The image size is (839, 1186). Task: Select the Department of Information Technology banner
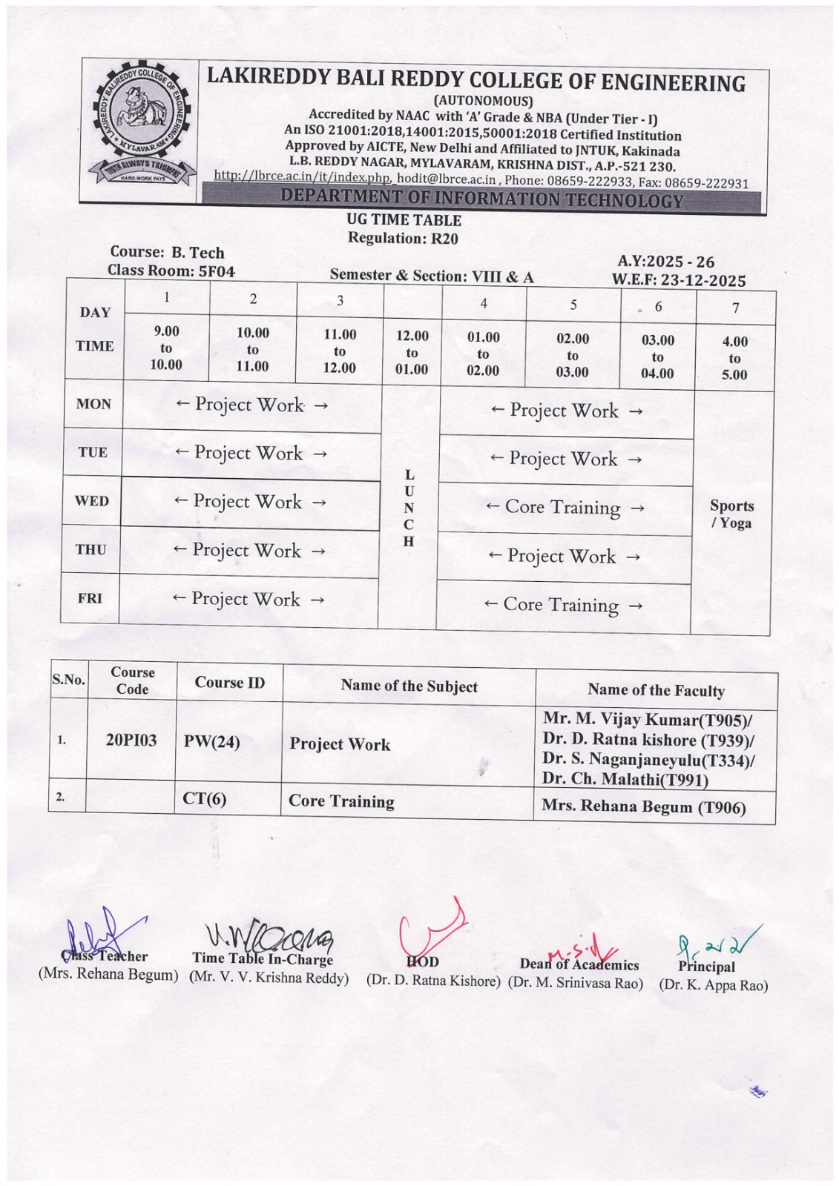482,199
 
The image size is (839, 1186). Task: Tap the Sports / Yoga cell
731,514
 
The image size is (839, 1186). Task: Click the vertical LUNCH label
409,508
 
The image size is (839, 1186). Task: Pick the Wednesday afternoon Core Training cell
565,508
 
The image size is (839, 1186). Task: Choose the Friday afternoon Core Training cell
562,606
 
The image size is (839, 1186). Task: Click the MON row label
93,404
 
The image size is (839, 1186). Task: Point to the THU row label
91,549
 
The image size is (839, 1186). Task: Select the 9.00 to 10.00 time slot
166,348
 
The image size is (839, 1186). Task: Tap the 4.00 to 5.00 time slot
734,358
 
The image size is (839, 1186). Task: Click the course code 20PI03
131,741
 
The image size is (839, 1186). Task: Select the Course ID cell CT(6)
205,798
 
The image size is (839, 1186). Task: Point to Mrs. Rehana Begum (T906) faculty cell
643,806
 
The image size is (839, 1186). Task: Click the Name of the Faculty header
656,691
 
